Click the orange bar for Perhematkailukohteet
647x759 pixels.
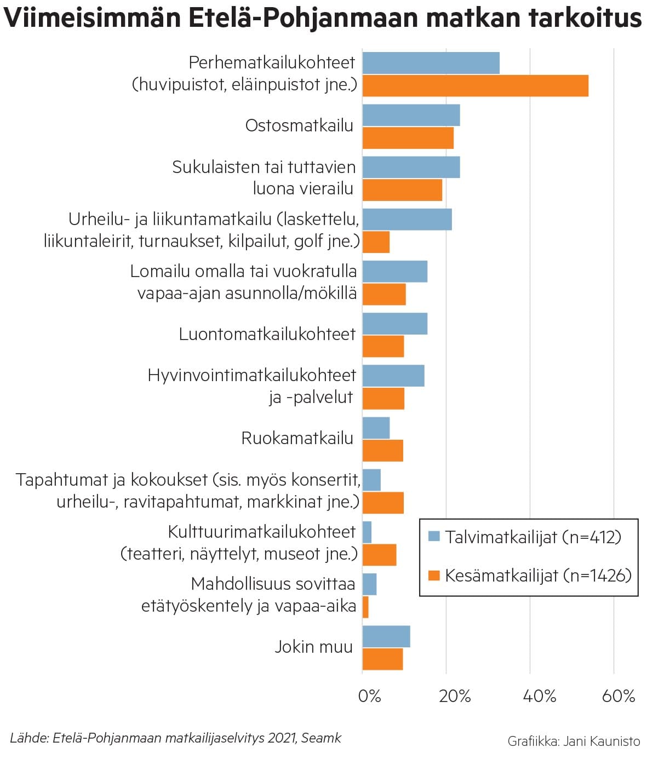pos(475,86)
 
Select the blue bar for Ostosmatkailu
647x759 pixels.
pos(411,115)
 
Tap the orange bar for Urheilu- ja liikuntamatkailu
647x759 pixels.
pos(376,242)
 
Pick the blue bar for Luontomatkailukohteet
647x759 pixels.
pos(394,324)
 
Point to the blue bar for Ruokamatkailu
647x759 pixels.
pos(376,428)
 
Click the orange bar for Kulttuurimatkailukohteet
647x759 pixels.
pos(379,555)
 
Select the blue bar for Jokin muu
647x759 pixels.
pos(386,636)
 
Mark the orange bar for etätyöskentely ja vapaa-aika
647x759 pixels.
pos(365,607)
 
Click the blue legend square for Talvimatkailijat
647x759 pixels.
pos(434,536)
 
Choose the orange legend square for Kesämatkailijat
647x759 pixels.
pos(434,575)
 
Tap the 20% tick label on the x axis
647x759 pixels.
pos(455,696)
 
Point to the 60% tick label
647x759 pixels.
pos(618,696)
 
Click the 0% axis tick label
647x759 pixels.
pos(369,696)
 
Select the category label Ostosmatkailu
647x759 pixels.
pos(299,125)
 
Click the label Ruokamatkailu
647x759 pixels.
pos(297,438)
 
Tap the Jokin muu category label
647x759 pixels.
pos(313,647)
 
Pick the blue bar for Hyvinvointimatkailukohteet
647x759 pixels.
pos(393,376)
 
